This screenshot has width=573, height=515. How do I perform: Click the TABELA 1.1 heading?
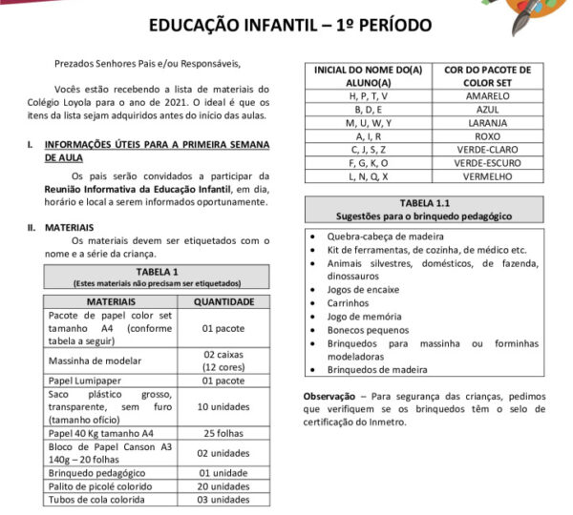427,203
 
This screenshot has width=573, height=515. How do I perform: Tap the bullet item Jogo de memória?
363,316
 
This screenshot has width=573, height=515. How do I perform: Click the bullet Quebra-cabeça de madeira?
383,236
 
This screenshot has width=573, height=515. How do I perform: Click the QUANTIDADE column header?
223,302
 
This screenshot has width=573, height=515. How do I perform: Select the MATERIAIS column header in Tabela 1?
110,302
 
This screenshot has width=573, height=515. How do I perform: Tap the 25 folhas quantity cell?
223,432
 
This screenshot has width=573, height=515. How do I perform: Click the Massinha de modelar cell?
95,360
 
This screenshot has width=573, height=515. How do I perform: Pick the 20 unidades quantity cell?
223,485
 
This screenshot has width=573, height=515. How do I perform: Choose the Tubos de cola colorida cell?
96,499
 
